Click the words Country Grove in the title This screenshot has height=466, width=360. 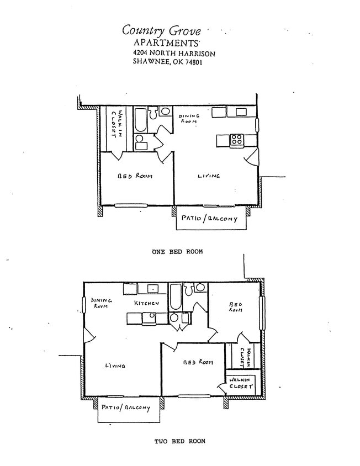[161, 31]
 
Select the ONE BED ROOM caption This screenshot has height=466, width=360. [177, 251]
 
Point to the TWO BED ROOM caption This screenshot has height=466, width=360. [179, 441]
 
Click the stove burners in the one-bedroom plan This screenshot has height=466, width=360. [236, 140]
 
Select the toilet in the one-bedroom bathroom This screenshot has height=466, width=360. [164, 112]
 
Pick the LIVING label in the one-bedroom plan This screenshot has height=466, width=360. [209, 176]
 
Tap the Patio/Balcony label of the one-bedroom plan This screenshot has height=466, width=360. [209, 219]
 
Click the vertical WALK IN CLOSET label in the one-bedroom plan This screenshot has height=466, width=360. [116, 124]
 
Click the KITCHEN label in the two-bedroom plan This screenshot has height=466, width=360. [146, 303]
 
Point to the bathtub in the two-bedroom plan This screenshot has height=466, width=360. [175, 296]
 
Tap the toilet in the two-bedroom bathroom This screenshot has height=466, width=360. [199, 287]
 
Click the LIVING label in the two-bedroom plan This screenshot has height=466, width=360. [115, 366]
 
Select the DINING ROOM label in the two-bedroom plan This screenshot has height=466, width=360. [102, 303]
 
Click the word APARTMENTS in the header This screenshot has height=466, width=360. [166, 43]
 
